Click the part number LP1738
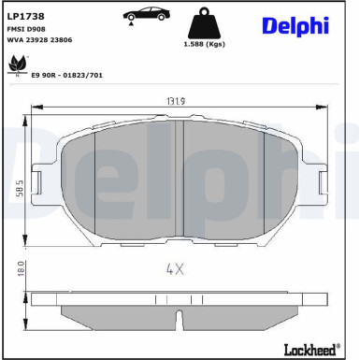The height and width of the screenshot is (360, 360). click(x=26, y=16)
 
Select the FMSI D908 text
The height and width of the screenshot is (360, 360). click(x=26, y=29)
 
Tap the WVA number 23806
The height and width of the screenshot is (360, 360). click(x=61, y=40)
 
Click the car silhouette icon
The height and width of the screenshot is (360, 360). click(x=147, y=14)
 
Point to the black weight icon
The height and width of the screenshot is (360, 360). click(x=204, y=22)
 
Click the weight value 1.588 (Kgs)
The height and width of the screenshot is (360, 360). click(x=204, y=44)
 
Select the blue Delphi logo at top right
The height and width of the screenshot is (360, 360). click(x=295, y=25)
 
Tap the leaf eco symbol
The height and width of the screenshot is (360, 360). click(x=17, y=65)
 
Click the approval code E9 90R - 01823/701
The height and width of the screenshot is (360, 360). click(x=67, y=75)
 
